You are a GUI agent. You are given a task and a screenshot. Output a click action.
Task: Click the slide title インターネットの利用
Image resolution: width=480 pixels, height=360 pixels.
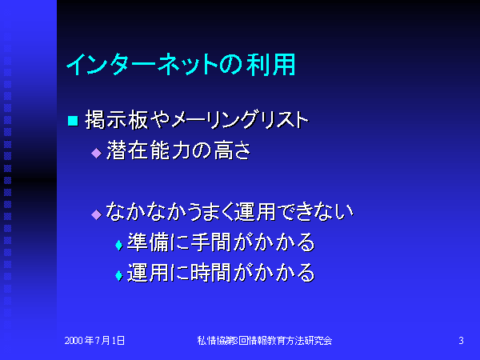click(x=181, y=65)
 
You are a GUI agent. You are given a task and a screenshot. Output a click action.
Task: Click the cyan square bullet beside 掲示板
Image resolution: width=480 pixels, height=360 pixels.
click(x=73, y=120)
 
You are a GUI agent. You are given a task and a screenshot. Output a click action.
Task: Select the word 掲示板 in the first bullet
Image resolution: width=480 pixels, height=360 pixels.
click(x=117, y=120)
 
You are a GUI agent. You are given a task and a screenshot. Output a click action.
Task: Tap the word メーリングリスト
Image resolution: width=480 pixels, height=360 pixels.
click(x=240, y=120)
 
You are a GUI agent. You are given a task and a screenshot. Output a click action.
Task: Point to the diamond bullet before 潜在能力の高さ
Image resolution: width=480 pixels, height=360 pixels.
click(x=97, y=153)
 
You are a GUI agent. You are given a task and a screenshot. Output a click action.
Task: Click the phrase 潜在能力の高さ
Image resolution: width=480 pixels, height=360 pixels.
click(x=178, y=150)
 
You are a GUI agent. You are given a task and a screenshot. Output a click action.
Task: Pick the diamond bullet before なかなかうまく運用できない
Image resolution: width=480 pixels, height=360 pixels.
click(x=97, y=214)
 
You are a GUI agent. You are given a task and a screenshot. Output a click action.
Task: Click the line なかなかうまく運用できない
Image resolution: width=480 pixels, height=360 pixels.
click(x=230, y=211)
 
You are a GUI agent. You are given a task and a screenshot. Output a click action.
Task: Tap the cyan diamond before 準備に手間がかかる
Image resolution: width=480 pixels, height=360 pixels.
click(x=118, y=246)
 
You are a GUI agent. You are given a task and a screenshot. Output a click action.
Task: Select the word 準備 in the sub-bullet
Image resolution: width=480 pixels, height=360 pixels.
click(x=147, y=242)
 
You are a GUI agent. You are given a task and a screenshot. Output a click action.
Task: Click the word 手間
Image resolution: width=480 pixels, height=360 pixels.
click(x=210, y=242)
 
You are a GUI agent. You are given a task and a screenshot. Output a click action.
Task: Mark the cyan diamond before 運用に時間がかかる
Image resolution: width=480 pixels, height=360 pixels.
click(x=118, y=275)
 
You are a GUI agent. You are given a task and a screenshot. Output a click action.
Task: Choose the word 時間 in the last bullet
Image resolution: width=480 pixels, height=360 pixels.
click(x=210, y=273)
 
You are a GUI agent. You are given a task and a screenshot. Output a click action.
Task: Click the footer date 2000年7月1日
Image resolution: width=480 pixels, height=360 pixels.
click(x=94, y=341)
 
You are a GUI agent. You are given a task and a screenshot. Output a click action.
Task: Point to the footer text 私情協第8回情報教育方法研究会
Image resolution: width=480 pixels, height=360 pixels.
click(x=265, y=341)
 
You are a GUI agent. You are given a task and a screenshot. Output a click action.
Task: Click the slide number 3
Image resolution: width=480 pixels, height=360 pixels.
click(x=461, y=341)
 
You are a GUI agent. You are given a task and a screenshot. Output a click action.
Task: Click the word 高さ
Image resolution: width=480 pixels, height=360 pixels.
click(x=232, y=150)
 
